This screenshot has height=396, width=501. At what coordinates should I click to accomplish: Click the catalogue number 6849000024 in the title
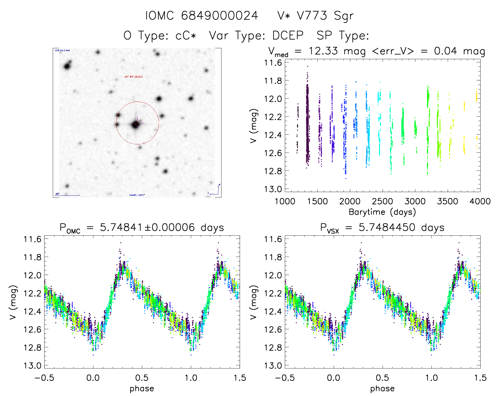click(x=219, y=16)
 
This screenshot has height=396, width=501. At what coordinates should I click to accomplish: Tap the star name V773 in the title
click(x=312, y=16)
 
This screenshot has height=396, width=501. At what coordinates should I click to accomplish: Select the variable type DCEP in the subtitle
click(x=288, y=36)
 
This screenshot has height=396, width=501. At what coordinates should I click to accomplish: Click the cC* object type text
click(x=186, y=36)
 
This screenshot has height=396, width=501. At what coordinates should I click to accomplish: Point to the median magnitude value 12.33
click(x=323, y=51)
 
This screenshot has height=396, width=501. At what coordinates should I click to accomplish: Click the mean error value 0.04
click(x=446, y=51)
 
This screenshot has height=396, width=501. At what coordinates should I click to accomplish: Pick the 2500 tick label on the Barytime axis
click(x=382, y=201)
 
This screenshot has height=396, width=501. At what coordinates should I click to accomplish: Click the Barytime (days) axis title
click(x=382, y=212)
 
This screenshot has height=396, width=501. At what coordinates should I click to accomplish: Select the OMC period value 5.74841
click(x=121, y=227)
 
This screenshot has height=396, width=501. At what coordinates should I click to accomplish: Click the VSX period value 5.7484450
click(x=387, y=227)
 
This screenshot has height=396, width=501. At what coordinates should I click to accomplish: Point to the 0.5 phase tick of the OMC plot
click(x=142, y=378)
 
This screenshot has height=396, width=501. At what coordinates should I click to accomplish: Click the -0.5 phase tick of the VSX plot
click(x=285, y=378)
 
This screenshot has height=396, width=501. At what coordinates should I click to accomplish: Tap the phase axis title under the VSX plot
click(x=382, y=389)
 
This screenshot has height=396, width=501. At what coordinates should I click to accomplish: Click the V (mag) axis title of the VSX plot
click(x=254, y=302)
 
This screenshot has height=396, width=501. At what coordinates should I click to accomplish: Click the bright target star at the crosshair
click(x=136, y=124)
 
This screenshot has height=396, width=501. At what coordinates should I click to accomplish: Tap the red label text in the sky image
click(x=134, y=77)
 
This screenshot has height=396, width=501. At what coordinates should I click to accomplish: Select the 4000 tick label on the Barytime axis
click(x=480, y=201)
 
